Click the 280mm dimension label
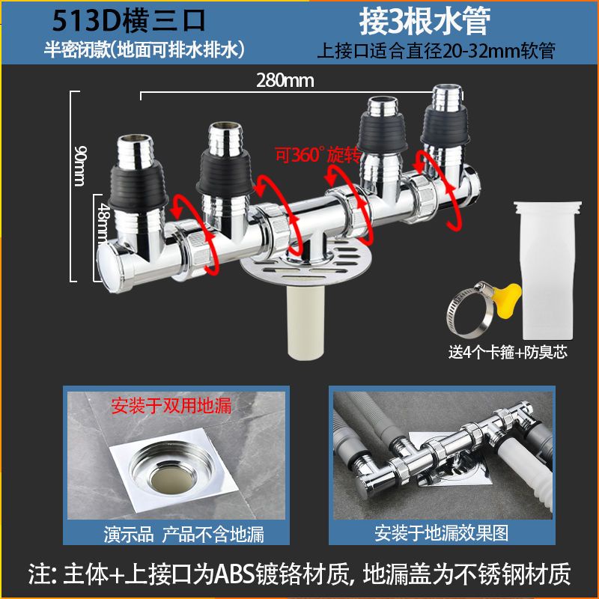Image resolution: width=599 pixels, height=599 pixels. click(285, 81)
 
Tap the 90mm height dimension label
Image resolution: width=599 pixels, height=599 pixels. click(80, 165)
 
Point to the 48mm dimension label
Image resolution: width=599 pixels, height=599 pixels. click(104, 223)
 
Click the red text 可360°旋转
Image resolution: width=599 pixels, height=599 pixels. click(317, 155)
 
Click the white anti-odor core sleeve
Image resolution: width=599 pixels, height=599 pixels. click(547, 270)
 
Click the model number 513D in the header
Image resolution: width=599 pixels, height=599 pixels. click(87, 21)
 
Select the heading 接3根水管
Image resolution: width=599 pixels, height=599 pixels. click(425, 22)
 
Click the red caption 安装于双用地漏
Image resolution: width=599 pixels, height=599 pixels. click(171, 406)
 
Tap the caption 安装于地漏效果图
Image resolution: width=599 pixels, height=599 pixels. click(441, 533)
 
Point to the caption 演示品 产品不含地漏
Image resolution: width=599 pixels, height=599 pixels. click(183, 534)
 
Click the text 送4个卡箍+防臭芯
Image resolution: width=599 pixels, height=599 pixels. click(508, 352)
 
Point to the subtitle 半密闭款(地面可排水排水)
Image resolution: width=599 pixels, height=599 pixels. click(145, 50)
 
